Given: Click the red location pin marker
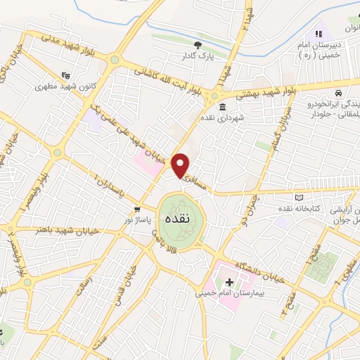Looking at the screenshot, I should point(182,166).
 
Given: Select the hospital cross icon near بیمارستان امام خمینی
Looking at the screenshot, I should point(229,282).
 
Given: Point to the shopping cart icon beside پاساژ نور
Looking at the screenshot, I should point(138,210).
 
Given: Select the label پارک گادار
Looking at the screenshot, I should point(199,56).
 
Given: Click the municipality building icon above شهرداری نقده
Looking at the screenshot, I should point(223,108).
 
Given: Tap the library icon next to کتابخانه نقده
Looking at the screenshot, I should point(302,198).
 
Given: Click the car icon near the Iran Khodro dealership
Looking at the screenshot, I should point(339,94).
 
